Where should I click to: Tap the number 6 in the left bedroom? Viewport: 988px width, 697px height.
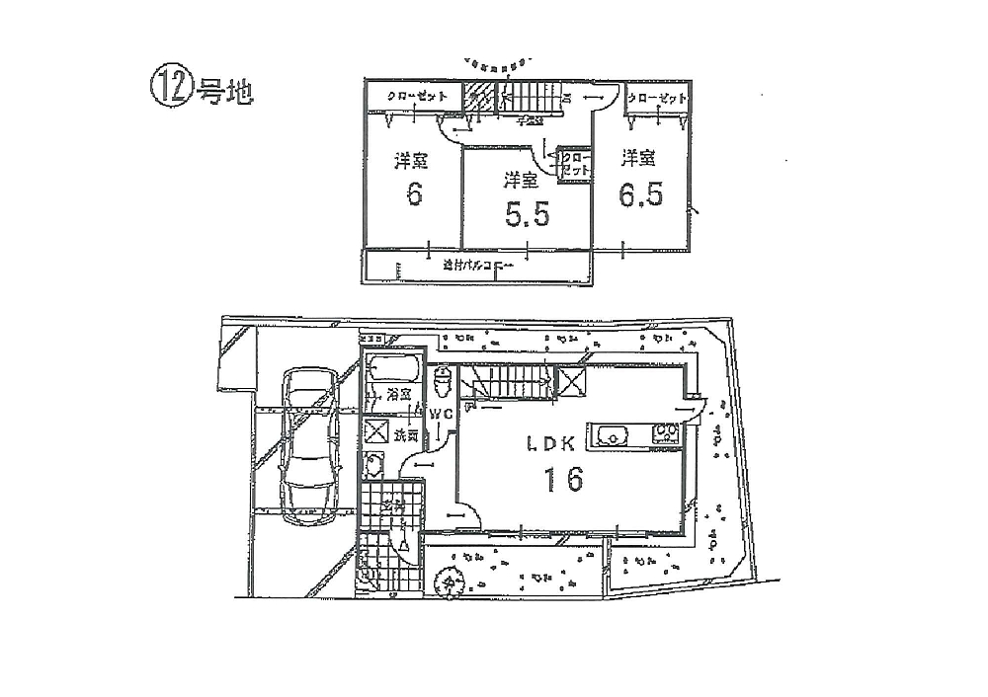(414, 194)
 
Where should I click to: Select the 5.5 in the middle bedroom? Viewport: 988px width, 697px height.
(527, 214)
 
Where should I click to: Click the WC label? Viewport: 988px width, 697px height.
(441, 415)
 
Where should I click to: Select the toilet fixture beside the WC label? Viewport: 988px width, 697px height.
(443, 379)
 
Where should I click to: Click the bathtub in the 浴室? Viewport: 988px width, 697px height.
(394, 372)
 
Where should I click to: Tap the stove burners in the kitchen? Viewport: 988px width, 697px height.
(664, 434)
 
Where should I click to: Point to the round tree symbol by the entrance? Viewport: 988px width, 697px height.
(452, 581)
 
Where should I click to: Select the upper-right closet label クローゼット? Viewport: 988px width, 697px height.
(657, 99)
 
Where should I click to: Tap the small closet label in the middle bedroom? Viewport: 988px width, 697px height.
(575, 163)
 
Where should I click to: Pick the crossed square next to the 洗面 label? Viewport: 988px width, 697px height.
(376, 432)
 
